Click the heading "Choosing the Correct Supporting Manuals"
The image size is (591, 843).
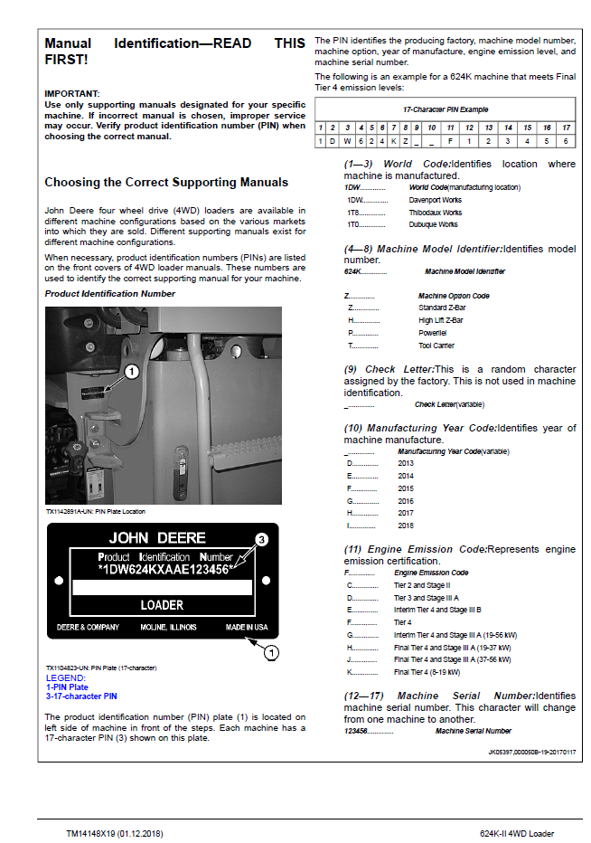[166, 182]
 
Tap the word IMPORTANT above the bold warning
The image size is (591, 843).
[71, 93]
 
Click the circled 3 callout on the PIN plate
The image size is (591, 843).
[261, 539]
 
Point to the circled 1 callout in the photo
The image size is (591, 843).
[132, 372]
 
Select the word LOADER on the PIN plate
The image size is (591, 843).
[162, 605]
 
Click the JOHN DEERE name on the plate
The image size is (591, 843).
[157, 537]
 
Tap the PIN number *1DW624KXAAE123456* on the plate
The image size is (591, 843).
[166, 569]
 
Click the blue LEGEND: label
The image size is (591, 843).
[66, 678]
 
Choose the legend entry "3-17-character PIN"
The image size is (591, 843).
[81, 696]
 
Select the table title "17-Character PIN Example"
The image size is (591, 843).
[446, 109]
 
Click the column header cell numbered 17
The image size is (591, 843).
[566, 128]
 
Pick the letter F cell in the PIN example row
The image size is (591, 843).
[450, 141]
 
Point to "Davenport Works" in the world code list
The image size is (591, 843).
[436, 200]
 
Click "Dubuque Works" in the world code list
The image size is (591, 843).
[433, 224]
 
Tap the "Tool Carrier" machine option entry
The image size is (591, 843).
[436, 346]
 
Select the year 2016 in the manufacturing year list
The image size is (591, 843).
[406, 501]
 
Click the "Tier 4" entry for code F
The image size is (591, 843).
[402, 622]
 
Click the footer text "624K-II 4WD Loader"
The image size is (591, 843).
[517, 833]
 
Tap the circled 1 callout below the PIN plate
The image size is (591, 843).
[271, 653]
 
